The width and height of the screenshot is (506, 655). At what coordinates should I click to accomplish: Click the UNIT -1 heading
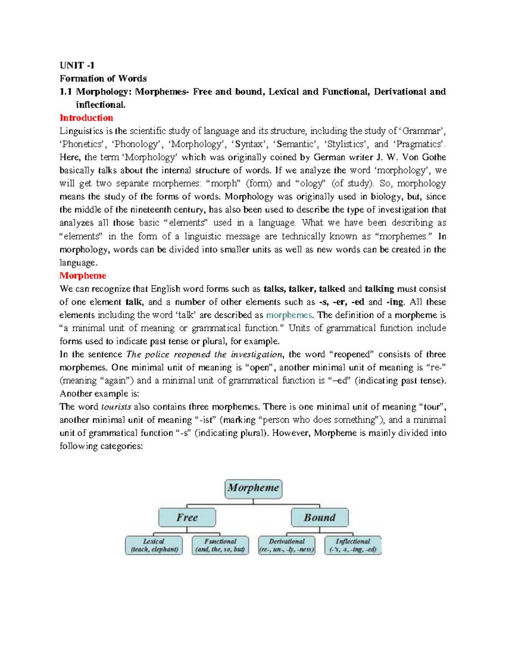pos(77,65)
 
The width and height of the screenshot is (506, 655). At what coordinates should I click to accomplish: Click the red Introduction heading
pos(86,118)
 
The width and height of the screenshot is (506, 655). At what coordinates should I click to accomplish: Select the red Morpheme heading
pos(83,275)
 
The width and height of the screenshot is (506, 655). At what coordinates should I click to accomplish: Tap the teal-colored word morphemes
pos(289,315)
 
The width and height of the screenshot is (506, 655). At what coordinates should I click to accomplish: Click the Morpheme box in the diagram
pos(253,488)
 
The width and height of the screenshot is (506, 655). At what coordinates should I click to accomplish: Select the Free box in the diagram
pos(187,518)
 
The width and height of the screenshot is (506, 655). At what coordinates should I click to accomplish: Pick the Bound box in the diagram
pos(320,518)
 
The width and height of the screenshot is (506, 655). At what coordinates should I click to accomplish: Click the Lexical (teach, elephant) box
pos(154,545)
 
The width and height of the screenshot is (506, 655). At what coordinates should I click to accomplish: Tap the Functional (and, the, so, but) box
pos(220,545)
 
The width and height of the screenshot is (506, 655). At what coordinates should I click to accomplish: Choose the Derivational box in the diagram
pos(287,545)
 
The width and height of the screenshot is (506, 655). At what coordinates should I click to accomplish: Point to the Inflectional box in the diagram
pos(353,545)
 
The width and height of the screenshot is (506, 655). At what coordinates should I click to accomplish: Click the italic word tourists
pos(116,407)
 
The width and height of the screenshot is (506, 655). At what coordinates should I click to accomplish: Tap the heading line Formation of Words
pos(103,78)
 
